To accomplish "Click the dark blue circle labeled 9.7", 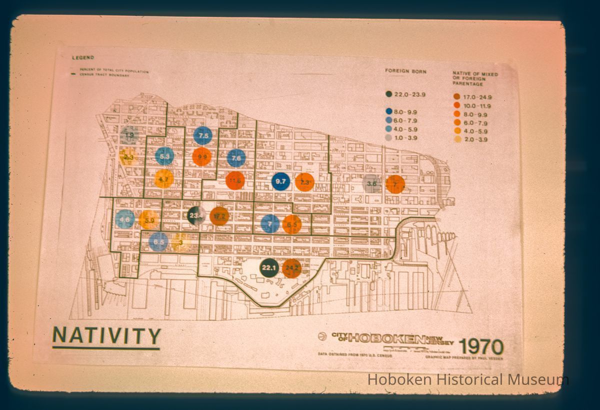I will coord(280,181).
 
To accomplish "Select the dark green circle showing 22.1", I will coord(269,268).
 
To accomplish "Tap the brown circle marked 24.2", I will coord(291,268).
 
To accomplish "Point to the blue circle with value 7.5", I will coord(203,136).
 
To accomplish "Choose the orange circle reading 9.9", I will coord(202,157).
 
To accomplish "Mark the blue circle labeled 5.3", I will coord(164,156).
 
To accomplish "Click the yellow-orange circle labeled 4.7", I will coord(163,178).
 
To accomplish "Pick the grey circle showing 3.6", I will coord(371,184).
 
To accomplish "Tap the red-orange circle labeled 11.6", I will coord(234,180).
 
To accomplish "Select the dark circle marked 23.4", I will coord(196,216).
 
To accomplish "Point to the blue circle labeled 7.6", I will coord(236,158).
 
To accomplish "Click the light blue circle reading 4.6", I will coord(125,219).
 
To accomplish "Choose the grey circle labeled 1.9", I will coord(129,135).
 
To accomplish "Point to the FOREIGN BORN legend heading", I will coord(405,71).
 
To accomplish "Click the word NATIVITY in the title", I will coord(106,336).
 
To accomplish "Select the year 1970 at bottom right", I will coord(481,346).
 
